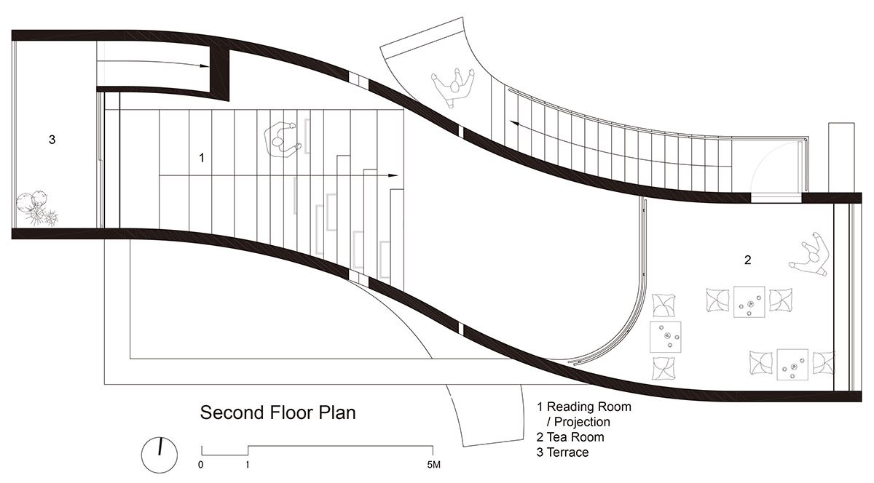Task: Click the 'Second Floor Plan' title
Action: point(277,412)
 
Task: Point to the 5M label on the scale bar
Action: point(434,465)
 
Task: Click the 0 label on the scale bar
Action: point(200,465)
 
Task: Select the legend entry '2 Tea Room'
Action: point(570,437)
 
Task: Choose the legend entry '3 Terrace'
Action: point(562,452)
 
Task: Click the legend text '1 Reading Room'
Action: point(584,407)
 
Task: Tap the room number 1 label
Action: point(201,158)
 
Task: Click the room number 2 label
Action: point(747,260)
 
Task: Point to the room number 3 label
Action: point(52,139)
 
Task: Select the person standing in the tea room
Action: point(810,255)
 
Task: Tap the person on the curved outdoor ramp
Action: point(453,87)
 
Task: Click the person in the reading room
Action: point(282,140)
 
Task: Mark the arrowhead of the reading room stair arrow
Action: point(393,175)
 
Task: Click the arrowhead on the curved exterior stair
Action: point(515,124)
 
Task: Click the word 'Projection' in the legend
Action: point(582,422)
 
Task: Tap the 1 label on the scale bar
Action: point(248,465)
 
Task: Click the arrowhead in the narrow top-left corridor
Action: point(205,66)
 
